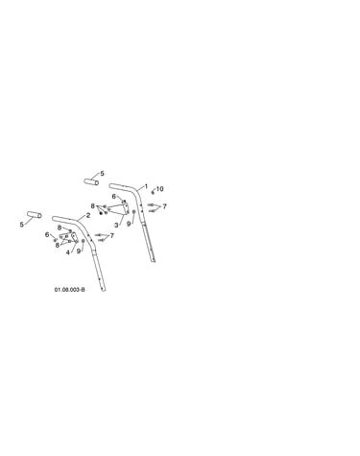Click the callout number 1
click(x=147, y=186)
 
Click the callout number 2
click(x=88, y=215)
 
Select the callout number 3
click(x=116, y=226)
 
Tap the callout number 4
click(x=68, y=252)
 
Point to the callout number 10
click(x=159, y=189)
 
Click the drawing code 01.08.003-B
click(x=70, y=290)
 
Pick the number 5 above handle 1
click(x=102, y=174)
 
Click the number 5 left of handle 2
click(x=21, y=225)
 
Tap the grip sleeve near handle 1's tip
click(x=91, y=181)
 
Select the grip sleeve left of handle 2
click(x=35, y=214)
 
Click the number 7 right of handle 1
click(x=164, y=206)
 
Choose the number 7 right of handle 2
click(x=111, y=236)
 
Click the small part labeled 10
click(x=153, y=192)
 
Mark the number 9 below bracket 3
click(x=129, y=224)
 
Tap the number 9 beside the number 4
click(x=79, y=252)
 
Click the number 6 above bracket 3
click(x=113, y=197)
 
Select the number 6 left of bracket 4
click(x=47, y=235)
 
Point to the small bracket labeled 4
click(x=74, y=237)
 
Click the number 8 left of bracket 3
click(x=92, y=206)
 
